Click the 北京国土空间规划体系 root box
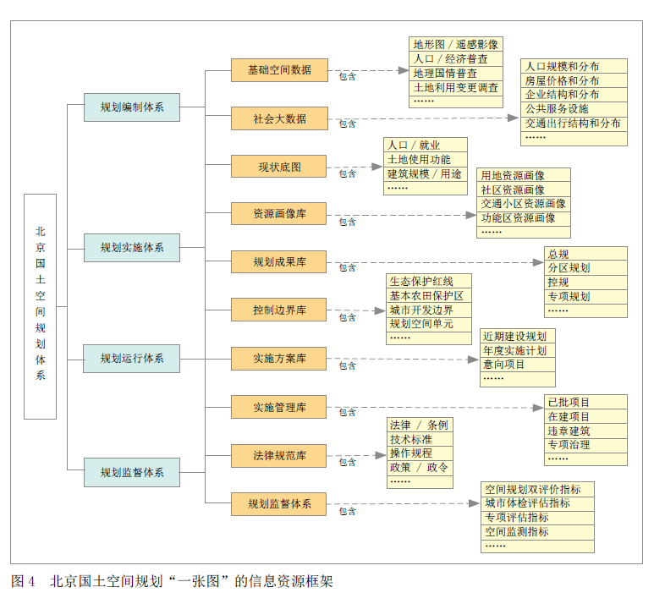(x=40, y=306)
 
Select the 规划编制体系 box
(x=131, y=107)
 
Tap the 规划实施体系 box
(x=131, y=248)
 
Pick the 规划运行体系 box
(x=131, y=358)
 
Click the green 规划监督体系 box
(x=131, y=472)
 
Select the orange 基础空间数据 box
(x=278, y=70)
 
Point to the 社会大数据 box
(x=278, y=118)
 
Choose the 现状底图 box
(x=278, y=167)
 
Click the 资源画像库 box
(x=278, y=214)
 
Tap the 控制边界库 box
(x=278, y=310)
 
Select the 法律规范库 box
(x=278, y=456)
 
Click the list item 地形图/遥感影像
(x=455, y=45)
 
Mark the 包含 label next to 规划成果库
(x=347, y=268)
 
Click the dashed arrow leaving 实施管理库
(x=440, y=407)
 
